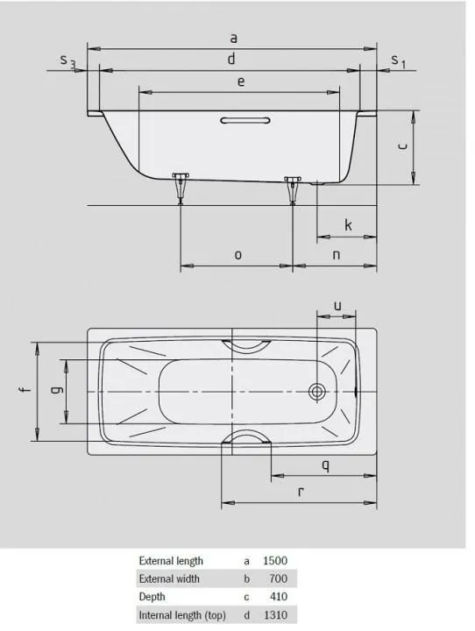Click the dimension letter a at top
[x=233, y=38]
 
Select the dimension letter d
[x=231, y=60]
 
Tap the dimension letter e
[x=240, y=81]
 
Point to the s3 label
[x=67, y=61]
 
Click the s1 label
[x=398, y=60]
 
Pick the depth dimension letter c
[x=401, y=146]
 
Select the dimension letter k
[x=348, y=225]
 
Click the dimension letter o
[x=237, y=254]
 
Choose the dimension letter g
[x=55, y=392]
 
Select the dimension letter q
[x=325, y=465]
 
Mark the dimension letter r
[x=301, y=492]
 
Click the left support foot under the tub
[x=181, y=186]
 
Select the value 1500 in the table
[x=275, y=560]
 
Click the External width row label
[x=169, y=578]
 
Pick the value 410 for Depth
[x=279, y=597]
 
